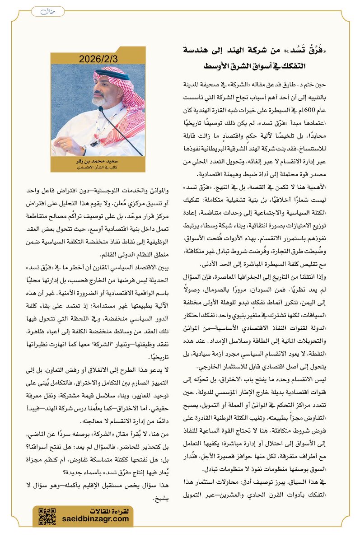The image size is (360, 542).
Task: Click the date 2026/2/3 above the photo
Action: (x=98, y=59)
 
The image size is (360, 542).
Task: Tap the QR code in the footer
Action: (x=47, y=516)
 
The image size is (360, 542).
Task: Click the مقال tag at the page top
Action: (x=43, y=11)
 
